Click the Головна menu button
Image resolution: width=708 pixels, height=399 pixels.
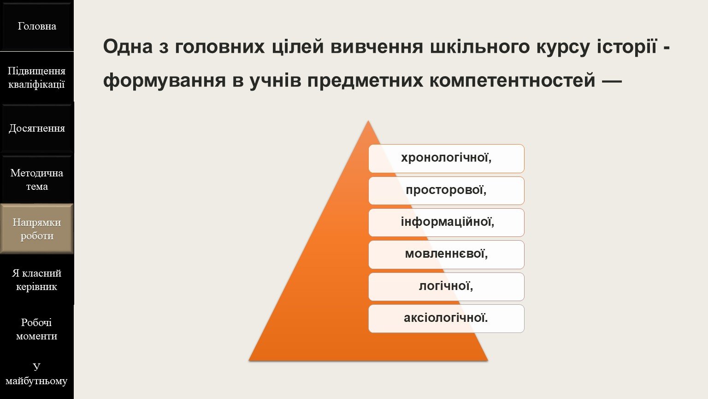pyautogui.click(x=37, y=26)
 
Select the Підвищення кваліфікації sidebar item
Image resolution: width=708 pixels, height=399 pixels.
pyautogui.click(x=37, y=77)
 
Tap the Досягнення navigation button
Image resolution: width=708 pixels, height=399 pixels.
pyautogui.click(x=37, y=128)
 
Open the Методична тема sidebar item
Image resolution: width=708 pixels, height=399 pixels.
pyautogui.click(x=37, y=180)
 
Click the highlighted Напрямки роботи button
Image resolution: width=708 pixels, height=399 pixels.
pyautogui.click(x=37, y=229)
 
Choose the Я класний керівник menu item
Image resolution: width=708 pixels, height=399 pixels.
pyautogui.click(x=37, y=280)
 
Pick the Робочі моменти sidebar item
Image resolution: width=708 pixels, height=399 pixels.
pyautogui.click(x=37, y=329)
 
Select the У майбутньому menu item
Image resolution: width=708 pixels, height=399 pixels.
pyautogui.click(x=37, y=374)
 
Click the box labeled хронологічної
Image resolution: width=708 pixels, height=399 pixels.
pyautogui.click(x=446, y=158)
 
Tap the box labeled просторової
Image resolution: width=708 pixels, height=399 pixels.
pyautogui.click(x=446, y=191)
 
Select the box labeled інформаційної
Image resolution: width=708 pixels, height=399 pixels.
pyautogui.click(x=446, y=223)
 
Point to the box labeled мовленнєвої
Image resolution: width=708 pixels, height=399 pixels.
pyautogui.click(x=446, y=254)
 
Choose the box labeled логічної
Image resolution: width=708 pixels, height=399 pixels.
pyautogui.click(x=446, y=287)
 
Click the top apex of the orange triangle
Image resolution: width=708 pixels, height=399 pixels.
pyautogui.click(x=368, y=121)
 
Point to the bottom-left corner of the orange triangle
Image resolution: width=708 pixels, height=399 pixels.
pyautogui.click(x=249, y=361)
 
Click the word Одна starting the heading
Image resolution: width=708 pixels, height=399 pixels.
pyautogui.click(x=128, y=47)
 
